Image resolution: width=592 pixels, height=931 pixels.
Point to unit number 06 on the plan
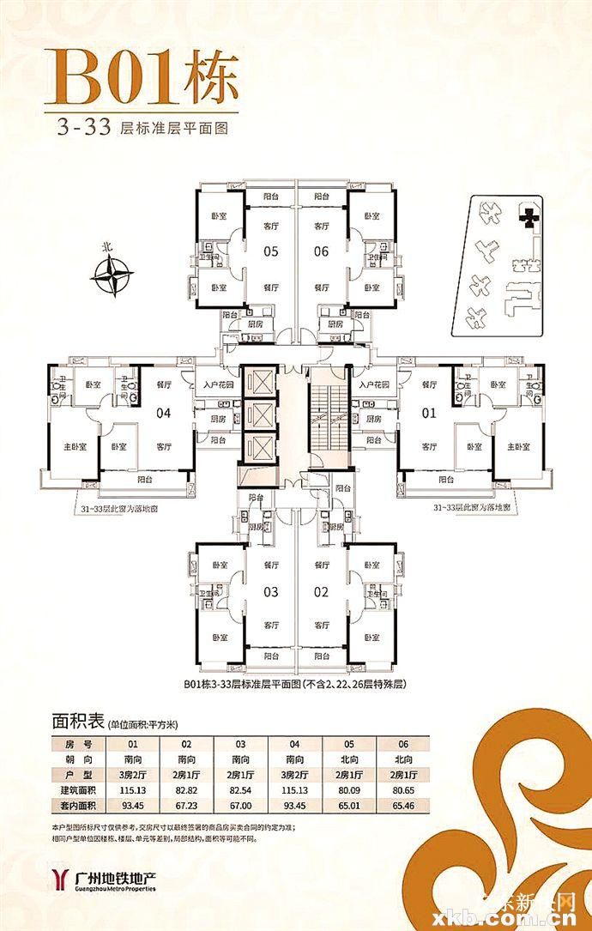tap(322, 252)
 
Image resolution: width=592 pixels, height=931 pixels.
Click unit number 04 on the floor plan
tap(164, 413)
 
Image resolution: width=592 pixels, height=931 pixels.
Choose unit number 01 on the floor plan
tap(429, 413)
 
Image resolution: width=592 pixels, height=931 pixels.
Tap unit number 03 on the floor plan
tap(271, 591)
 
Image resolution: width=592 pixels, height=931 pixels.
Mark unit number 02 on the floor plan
tap(322, 591)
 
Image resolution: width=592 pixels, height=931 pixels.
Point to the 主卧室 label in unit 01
tap(520, 447)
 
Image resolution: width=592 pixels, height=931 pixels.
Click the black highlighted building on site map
tap(531, 216)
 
